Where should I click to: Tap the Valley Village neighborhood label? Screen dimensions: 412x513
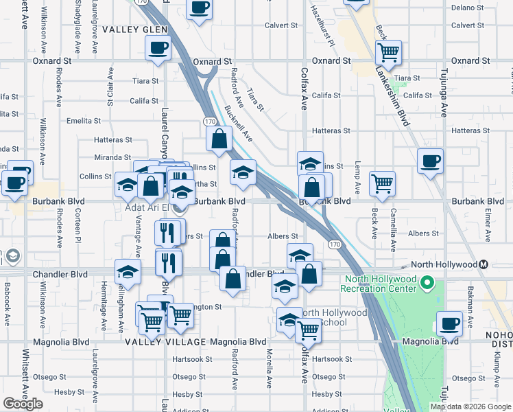coord(165,341)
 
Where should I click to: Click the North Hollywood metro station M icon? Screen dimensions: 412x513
coord(484,264)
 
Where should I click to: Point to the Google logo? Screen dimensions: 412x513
coord(23,404)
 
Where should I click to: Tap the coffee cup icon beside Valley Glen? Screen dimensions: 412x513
coord(158,48)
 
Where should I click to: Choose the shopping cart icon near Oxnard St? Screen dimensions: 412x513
coord(388,52)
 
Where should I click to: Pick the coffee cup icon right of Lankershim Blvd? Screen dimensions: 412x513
coord(430,161)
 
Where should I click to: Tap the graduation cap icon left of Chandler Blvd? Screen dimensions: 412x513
coord(128,272)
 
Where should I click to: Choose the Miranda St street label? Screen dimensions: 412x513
coord(112,157)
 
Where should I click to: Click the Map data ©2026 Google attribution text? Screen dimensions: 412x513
coord(470,407)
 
